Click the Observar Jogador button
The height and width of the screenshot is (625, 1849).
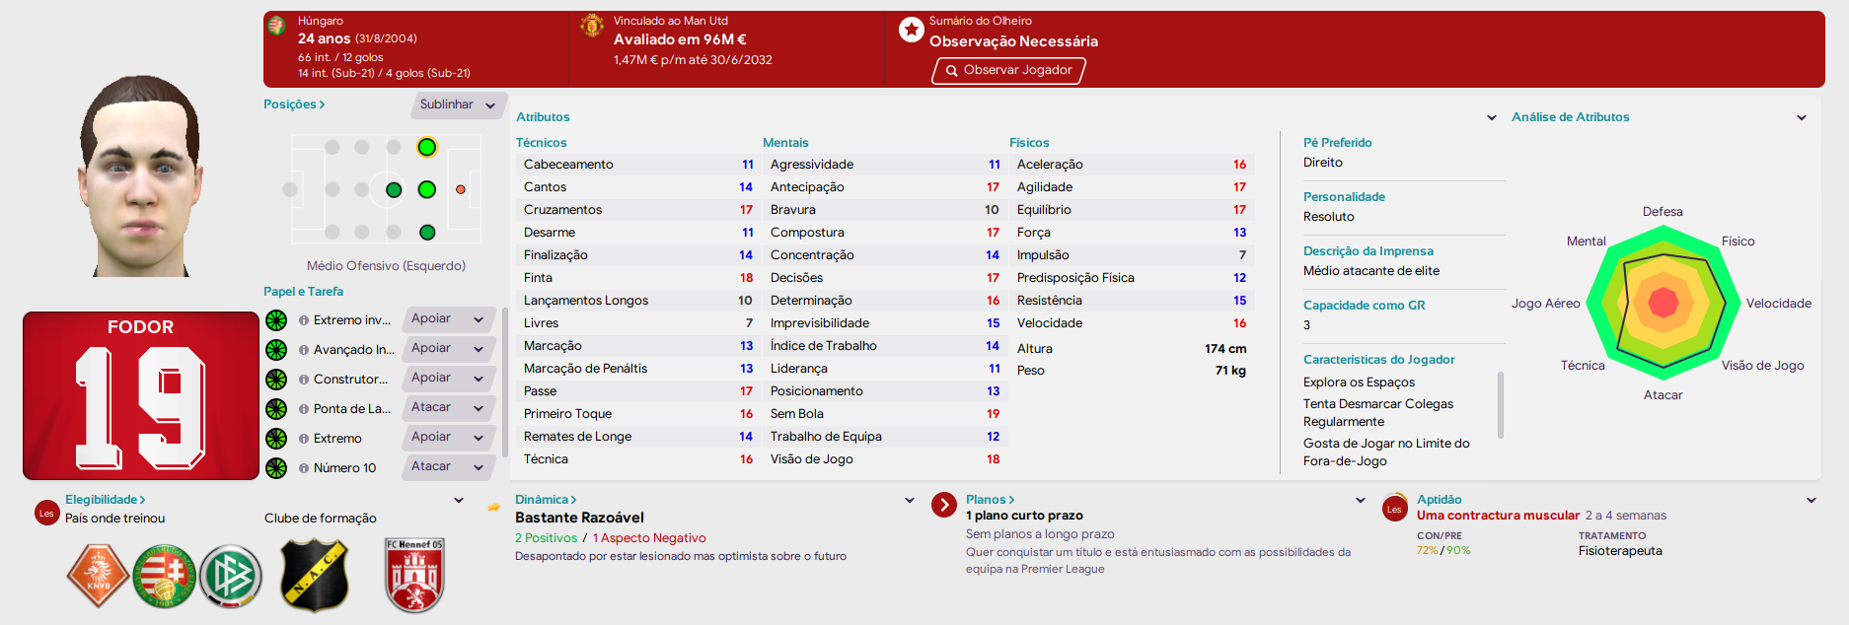[1008, 70]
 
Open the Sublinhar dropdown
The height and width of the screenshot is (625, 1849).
[458, 104]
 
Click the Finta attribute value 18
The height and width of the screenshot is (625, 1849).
[746, 278]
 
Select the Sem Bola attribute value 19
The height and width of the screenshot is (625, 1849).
[993, 414]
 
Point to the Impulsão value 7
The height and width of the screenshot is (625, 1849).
[1242, 255]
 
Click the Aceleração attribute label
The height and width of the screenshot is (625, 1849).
[1050, 165]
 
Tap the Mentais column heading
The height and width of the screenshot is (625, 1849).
[785, 143]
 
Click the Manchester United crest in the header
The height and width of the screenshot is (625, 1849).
[592, 26]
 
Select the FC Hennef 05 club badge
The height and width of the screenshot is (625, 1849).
[414, 576]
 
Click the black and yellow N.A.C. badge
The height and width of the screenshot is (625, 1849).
[315, 576]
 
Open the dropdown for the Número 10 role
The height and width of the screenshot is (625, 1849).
[449, 467]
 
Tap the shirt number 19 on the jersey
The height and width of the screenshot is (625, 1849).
[140, 408]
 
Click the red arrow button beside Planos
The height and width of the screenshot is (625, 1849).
[944, 505]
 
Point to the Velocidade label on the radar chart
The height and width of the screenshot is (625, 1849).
[1778, 304]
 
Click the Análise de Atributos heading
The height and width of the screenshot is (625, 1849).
[1570, 117]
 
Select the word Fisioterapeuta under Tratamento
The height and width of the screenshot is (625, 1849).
[1620, 551]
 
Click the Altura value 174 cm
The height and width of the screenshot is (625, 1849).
[1225, 349]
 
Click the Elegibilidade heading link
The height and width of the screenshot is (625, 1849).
[106, 500]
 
